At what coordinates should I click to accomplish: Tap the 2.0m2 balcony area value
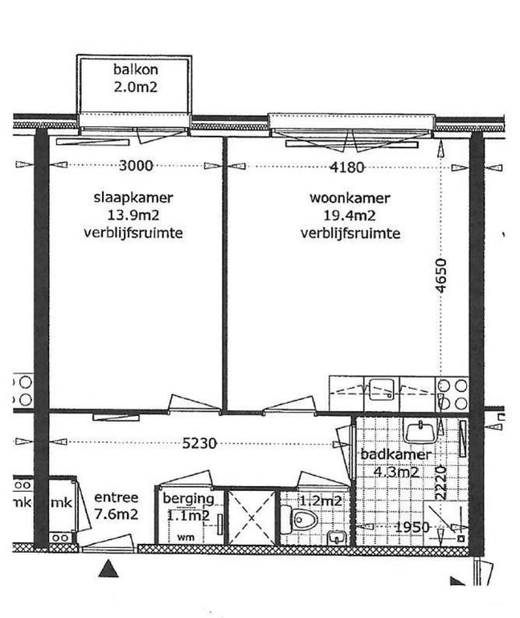134,87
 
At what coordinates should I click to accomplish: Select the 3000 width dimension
135,167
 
